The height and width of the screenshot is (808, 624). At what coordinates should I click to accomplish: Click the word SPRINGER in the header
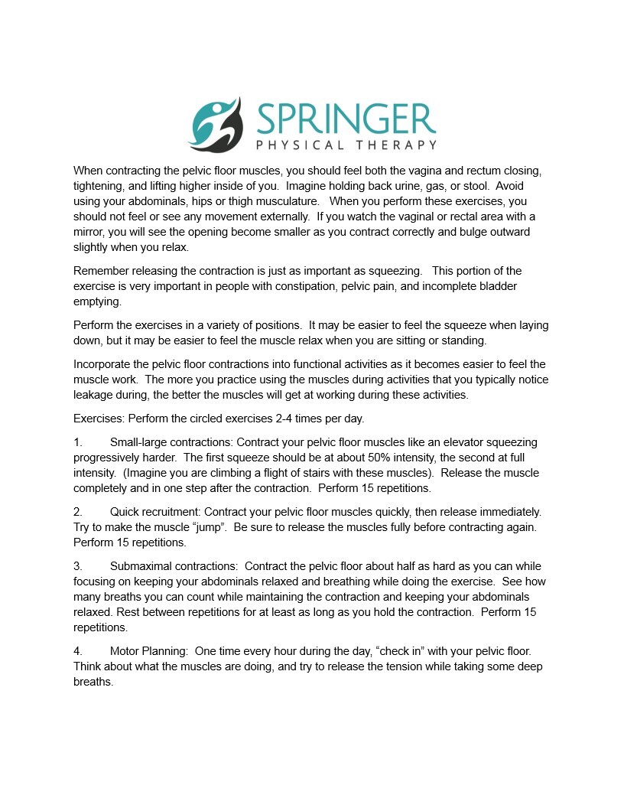(346, 119)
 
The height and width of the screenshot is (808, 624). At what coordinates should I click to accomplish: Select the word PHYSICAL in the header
(298, 145)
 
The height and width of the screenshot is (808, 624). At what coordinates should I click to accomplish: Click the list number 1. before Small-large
(77, 442)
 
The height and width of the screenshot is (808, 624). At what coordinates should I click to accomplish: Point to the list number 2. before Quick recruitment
(77, 511)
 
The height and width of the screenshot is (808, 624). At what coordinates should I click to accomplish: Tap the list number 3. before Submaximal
(77, 566)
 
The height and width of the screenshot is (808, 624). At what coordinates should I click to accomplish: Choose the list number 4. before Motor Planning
(77, 651)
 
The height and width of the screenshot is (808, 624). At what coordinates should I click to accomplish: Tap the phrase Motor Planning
(148, 651)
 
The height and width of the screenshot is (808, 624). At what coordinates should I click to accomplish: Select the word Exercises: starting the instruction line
(99, 419)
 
